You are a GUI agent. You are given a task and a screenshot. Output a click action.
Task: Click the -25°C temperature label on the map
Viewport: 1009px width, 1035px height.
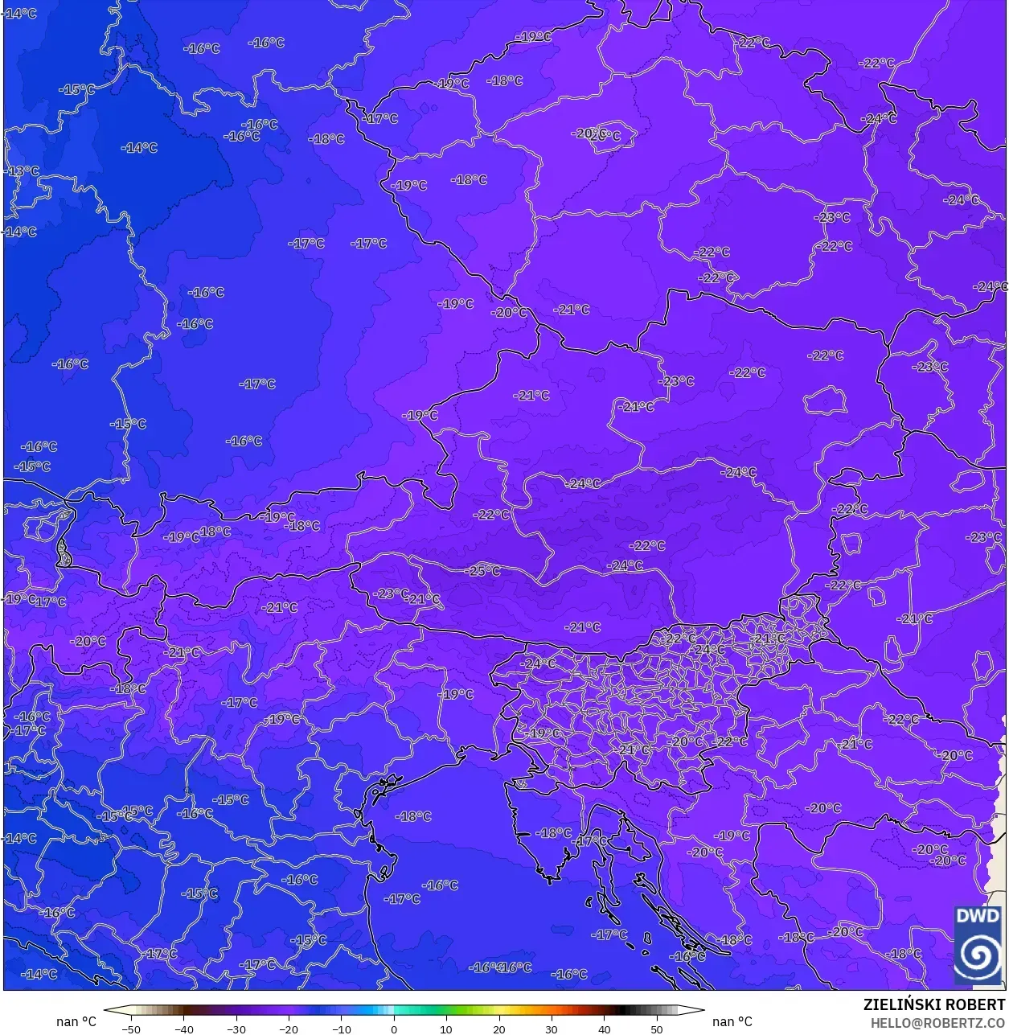click(x=483, y=571)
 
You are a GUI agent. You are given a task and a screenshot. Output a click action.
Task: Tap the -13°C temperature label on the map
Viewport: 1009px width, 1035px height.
click(x=22, y=171)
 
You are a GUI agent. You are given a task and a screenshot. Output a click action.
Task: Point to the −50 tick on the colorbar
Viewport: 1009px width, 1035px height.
click(x=130, y=1029)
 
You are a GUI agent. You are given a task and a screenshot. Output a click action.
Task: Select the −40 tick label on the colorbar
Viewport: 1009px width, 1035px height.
click(x=183, y=1029)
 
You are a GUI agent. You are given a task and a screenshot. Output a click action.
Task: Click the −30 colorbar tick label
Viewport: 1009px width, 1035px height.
click(x=236, y=1029)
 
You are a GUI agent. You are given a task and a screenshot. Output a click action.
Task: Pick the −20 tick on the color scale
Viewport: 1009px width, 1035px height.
click(x=288, y=1029)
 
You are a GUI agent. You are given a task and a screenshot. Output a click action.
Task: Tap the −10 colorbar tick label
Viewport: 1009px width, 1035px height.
click(x=341, y=1029)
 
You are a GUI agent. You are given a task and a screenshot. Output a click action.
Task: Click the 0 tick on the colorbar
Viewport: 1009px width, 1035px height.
click(x=394, y=1029)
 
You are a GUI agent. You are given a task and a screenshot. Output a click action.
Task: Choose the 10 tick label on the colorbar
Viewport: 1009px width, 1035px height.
click(x=446, y=1029)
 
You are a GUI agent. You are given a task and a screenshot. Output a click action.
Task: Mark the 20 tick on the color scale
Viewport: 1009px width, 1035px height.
click(x=498, y=1029)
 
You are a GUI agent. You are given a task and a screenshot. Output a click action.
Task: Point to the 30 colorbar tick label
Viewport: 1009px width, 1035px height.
click(x=552, y=1029)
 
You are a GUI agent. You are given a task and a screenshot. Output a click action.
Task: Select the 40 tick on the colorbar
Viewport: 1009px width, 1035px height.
click(x=604, y=1029)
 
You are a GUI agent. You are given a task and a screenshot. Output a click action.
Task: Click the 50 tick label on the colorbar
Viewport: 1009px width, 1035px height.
click(x=657, y=1029)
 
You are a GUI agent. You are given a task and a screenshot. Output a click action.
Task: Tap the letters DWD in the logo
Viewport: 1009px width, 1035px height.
click(x=978, y=917)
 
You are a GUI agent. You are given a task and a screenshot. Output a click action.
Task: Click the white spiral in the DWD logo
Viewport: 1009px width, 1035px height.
click(x=978, y=956)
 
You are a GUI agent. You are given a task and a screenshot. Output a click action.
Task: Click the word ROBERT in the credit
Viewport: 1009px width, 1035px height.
click(x=975, y=1004)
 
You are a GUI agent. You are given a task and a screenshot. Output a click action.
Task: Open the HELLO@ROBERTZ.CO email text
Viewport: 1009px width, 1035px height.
click(x=938, y=1023)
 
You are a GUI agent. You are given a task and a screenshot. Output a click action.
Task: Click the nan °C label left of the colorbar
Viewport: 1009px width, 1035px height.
click(x=76, y=1021)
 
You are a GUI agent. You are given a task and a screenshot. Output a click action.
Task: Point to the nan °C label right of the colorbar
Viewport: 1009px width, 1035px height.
click(x=732, y=1021)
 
